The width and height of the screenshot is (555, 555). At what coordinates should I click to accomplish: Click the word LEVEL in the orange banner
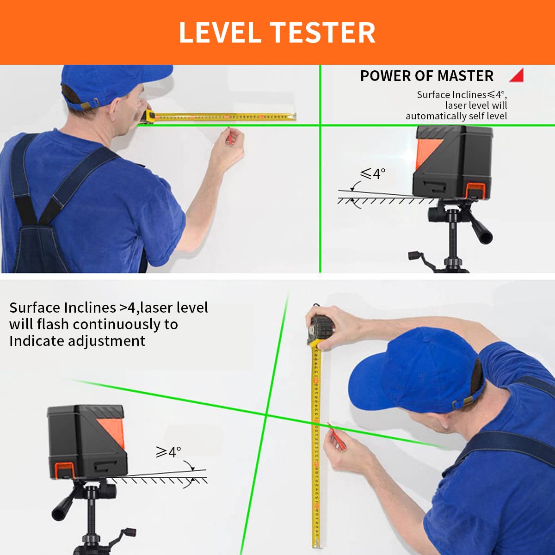tap(220, 33)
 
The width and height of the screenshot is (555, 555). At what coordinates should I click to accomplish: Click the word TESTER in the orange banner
tap(323, 33)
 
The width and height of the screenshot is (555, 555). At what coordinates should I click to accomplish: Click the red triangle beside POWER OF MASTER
tap(517, 75)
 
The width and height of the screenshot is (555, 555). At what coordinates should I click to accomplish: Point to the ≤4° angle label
tap(373, 174)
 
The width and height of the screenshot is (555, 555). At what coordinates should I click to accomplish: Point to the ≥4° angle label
tap(168, 452)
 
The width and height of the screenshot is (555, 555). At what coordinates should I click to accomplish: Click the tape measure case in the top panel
tap(149, 116)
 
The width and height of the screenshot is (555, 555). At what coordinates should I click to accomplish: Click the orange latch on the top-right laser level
tap(475, 191)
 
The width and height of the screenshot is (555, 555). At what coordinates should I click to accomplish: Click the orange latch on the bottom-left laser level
tap(64, 470)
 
